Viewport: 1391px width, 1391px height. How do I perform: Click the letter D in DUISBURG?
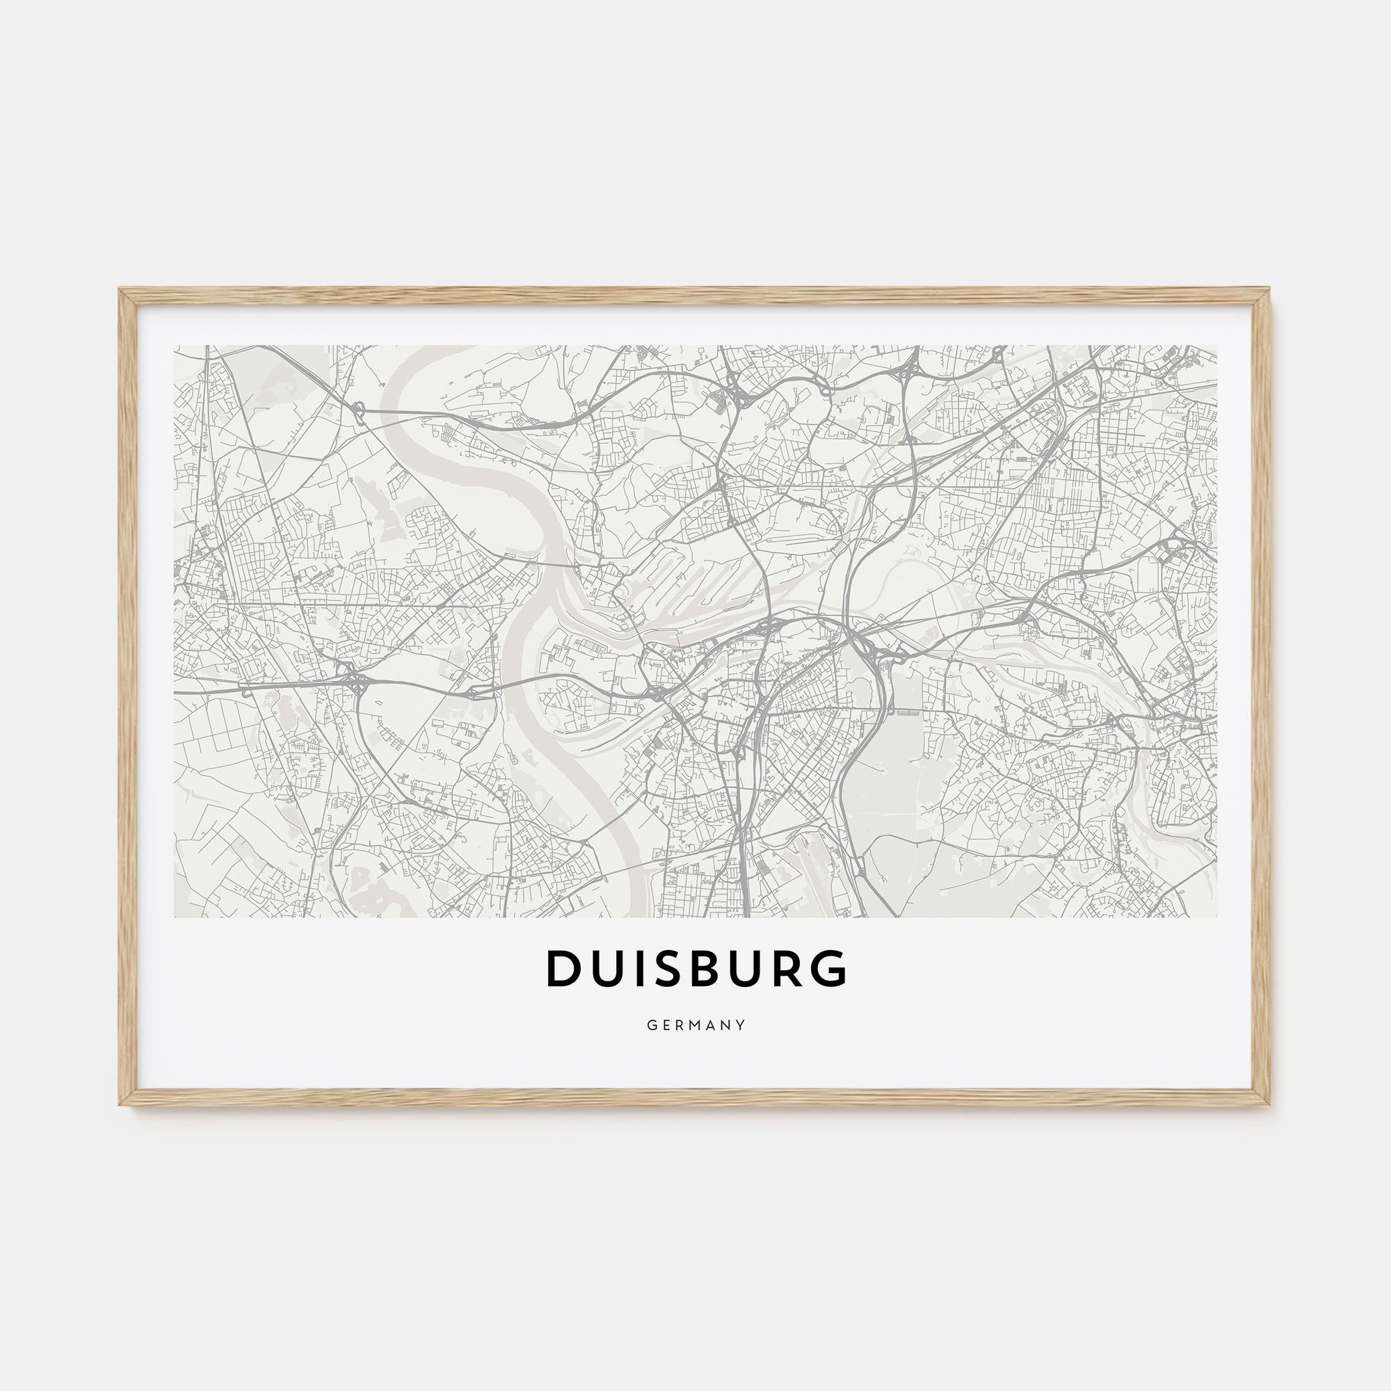pos(563,968)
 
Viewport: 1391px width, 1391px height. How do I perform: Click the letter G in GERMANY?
pos(650,1025)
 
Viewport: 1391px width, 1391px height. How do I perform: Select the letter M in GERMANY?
pos(695,1025)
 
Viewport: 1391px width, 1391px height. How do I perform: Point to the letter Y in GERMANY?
pos(741,1025)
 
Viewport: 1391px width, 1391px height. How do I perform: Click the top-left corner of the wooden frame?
pos(120,290)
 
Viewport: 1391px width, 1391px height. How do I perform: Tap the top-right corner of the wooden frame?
pos(1271,290)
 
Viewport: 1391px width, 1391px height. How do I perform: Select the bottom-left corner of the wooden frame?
pos(120,1104)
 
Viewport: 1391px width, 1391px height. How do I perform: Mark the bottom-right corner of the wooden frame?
pos(1271,1104)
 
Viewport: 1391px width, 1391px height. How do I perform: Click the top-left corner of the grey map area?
pos(175,346)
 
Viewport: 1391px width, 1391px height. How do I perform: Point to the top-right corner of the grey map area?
pos(1216,346)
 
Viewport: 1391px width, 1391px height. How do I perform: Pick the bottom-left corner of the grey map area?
pos(175,917)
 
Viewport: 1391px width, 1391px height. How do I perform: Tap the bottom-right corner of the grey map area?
pos(1216,917)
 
